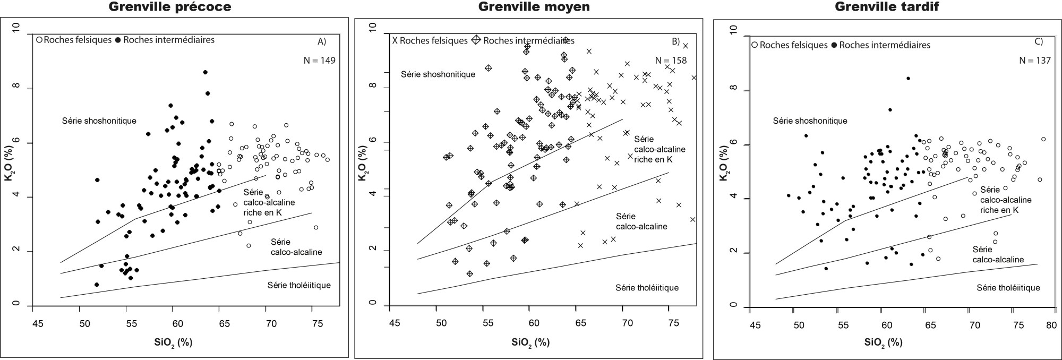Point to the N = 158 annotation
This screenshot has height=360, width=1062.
tap(670, 61)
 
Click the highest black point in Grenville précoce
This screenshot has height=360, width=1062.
tap(205, 72)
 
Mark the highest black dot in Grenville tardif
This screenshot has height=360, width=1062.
tap(908, 79)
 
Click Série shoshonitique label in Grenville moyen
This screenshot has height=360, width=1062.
tap(438, 74)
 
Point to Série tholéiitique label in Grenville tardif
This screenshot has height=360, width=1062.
tap(1008, 287)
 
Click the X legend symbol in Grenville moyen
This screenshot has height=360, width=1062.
tap(395, 40)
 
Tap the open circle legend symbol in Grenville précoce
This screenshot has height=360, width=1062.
tap(39, 40)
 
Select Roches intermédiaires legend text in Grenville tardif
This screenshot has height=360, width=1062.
tap(885, 45)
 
